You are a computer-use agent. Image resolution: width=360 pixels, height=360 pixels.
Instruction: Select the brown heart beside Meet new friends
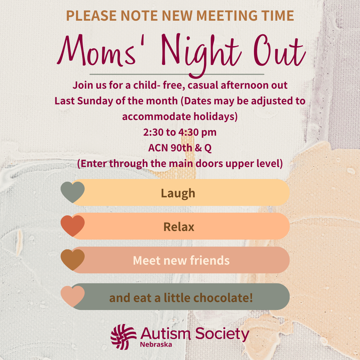point(73,260)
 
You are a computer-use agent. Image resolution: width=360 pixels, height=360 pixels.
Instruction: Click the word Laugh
point(178,193)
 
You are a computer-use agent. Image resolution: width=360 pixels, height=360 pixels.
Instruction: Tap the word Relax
point(179,227)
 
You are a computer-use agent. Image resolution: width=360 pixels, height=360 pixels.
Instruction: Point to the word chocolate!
point(223,298)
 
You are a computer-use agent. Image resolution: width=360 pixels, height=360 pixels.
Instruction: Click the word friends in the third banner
point(210,260)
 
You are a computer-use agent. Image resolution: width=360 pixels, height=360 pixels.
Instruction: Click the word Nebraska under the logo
point(156,344)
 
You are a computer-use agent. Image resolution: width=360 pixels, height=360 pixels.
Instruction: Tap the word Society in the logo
point(222,334)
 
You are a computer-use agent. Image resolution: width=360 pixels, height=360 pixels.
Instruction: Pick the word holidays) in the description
point(215,116)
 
